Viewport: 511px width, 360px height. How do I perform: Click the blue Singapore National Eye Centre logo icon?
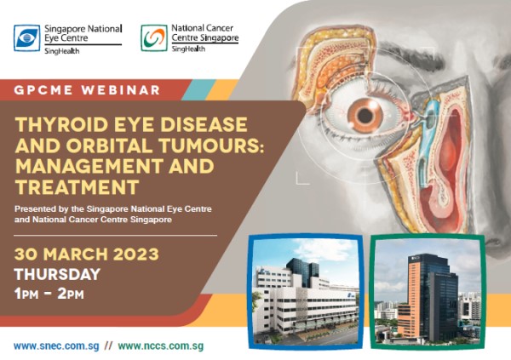tap(26, 37)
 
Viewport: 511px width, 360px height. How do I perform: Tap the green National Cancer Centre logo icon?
tap(154, 37)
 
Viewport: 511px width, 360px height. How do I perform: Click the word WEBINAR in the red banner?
tap(121, 90)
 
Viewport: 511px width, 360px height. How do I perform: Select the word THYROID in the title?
tap(61, 124)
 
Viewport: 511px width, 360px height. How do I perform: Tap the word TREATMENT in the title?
tap(77, 186)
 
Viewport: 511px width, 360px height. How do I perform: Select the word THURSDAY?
tap(57, 274)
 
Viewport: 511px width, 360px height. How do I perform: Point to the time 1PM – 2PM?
tap(49, 294)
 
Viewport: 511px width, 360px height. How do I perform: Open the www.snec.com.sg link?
tap(56, 346)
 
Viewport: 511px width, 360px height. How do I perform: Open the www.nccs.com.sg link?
tap(161, 346)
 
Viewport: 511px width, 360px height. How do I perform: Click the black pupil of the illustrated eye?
tap(365, 115)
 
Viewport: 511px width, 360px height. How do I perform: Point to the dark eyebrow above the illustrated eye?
tap(413, 55)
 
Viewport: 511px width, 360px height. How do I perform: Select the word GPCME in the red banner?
tap(43, 90)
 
